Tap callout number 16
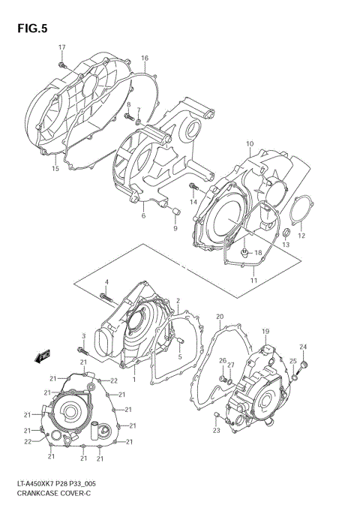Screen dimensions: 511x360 click(145, 58)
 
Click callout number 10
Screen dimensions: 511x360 click(250, 144)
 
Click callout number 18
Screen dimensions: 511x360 click(257, 253)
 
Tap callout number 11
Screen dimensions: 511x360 click(253, 280)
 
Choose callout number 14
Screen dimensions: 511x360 click(193, 202)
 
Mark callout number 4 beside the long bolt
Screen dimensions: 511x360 click(106, 281)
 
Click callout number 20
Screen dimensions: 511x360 click(220, 317)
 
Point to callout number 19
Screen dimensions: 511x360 click(265, 331)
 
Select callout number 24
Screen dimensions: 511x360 click(303, 346)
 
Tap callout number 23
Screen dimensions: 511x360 click(216, 430)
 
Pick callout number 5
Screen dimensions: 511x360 click(180, 356)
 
